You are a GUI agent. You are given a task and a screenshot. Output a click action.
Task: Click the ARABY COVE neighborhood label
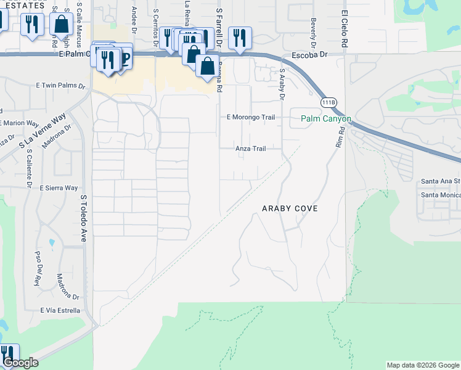(x=290, y=208)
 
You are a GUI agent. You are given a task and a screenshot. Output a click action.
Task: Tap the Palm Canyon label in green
(x=326, y=118)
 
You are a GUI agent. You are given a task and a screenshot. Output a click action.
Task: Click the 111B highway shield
(x=329, y=102)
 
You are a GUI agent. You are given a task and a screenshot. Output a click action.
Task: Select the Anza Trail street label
(x=251, y=149)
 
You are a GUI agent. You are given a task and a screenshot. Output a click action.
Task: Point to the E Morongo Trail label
(x=250, y=117)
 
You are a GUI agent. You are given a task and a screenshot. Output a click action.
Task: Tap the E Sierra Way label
(x=59, y=187)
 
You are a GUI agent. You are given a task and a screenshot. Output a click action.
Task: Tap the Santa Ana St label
(x=440, y=181)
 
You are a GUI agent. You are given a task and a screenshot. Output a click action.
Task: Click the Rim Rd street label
(x=339, y=136)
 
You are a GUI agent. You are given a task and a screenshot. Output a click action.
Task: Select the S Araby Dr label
(x=282, y=84)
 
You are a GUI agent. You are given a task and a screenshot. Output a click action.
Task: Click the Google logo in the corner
(x=20, y=363)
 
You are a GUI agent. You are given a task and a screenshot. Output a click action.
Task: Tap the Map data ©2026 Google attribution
(x=422, y=365)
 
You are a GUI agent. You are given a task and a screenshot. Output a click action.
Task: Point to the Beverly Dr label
(x=314, y=27)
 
